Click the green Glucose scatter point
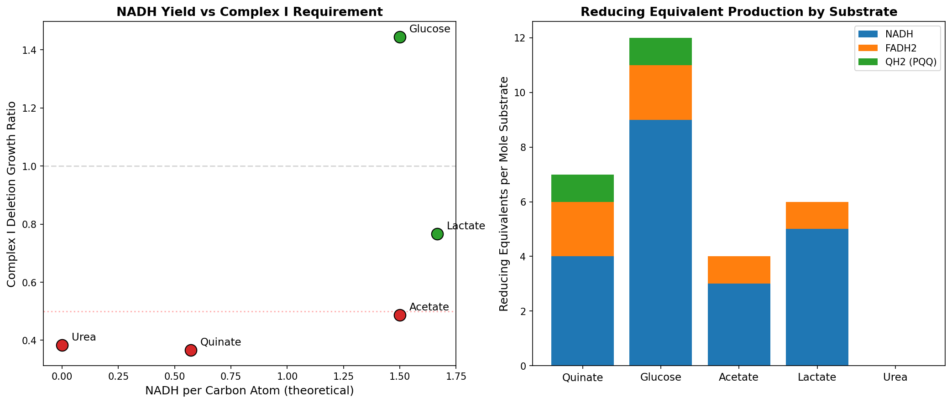point(400,37)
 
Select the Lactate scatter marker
point(437,234)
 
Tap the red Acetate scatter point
point(400,315)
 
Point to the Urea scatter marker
point(62,345)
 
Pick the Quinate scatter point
point(191,350)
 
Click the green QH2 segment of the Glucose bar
point(660,52)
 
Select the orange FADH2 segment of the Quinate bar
point(582,229)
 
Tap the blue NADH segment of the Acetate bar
point(738,325)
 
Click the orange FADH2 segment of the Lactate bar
point(817,215)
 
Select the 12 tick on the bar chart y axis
point(521,38)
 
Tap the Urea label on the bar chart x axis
point(895,377)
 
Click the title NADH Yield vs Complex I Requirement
point(250,12)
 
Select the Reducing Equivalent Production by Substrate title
point(738,12)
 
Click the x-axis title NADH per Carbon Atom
point(250,391)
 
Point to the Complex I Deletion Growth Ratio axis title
point(12,194)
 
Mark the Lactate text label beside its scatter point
point(466,226)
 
